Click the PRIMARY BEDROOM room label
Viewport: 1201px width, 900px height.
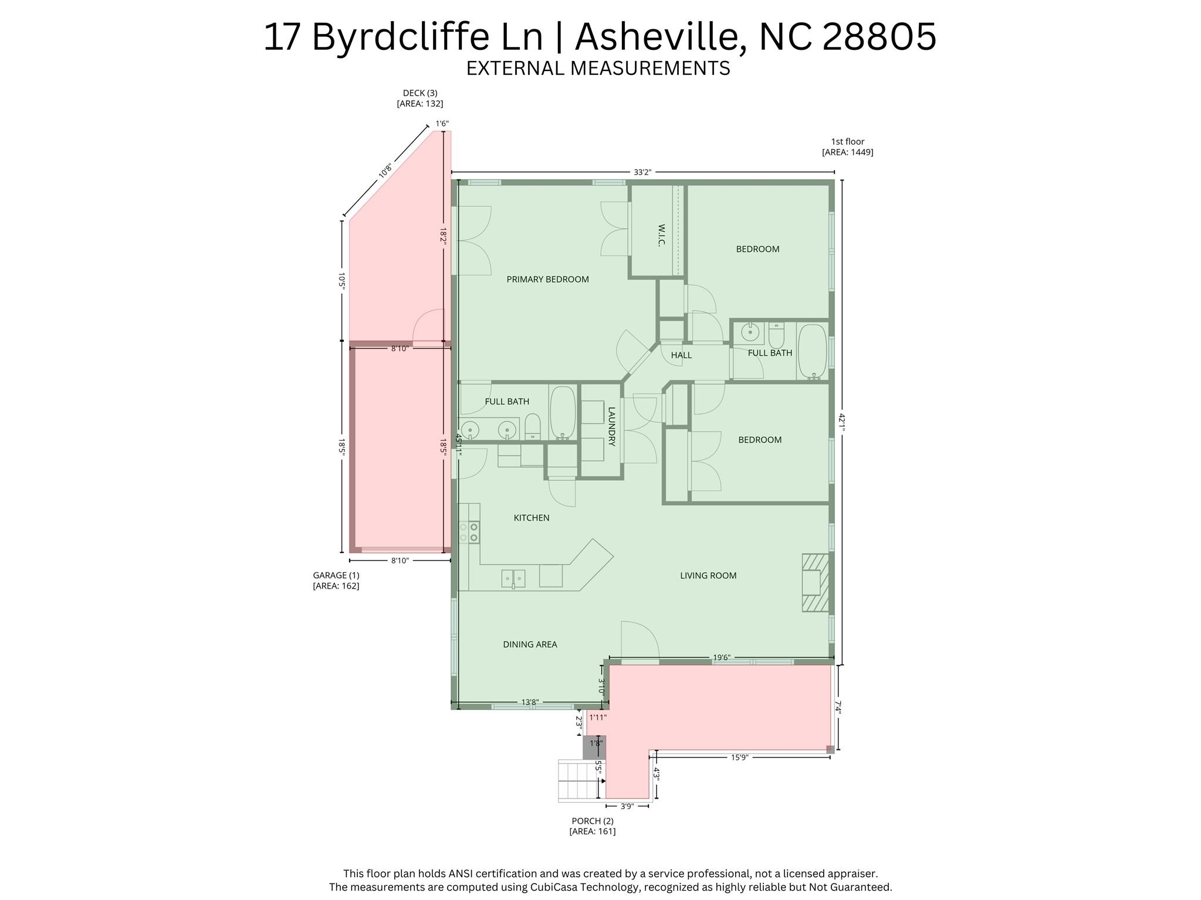point(547,280)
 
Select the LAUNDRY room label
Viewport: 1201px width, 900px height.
point(611,427)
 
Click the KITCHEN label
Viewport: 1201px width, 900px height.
point(532,518)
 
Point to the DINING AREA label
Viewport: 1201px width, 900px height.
point(530,644)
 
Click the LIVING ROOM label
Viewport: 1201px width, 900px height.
point(708,576)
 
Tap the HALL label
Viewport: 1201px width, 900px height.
point(681,355)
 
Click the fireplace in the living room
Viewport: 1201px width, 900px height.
point(815,583)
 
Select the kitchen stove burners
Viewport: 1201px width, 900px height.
point(469,532)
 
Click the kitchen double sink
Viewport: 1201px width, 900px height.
point(513,579)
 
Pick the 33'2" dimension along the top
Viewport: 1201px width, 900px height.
point(642,172)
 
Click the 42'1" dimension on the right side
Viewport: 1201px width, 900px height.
point(842,422)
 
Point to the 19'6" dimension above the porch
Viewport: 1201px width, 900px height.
point(721,658)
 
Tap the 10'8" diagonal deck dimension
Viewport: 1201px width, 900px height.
point(385,171)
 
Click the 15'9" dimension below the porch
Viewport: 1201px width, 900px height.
point(739,758)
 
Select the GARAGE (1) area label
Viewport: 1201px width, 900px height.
point(336,580)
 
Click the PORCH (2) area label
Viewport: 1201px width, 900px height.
point(593,826)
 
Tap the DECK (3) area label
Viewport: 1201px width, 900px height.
point(420,98)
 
